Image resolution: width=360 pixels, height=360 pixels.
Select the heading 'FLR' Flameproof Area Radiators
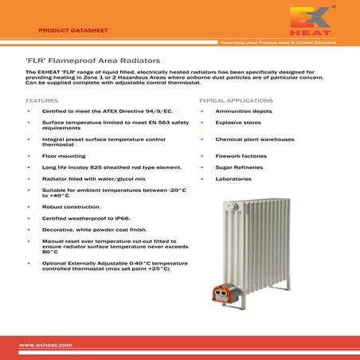tap(88, 61)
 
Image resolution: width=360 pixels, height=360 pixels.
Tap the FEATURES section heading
tap(41, 102)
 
